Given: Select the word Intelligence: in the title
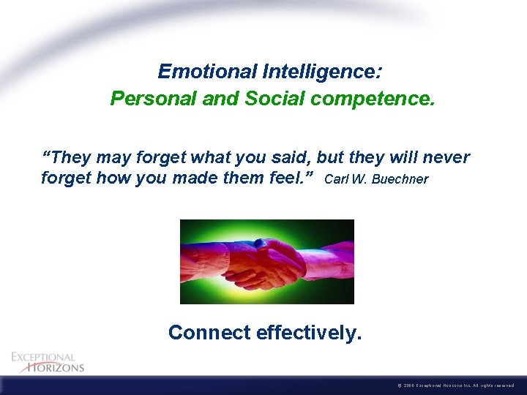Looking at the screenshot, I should pos(316,72).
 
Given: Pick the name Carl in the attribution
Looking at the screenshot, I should pos(334,179).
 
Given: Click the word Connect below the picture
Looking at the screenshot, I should pos(209,333).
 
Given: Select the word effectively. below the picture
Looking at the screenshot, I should pos(309,333).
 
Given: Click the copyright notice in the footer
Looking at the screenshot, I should pos(458,385).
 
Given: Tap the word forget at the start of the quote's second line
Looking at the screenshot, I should pos(66,178).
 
